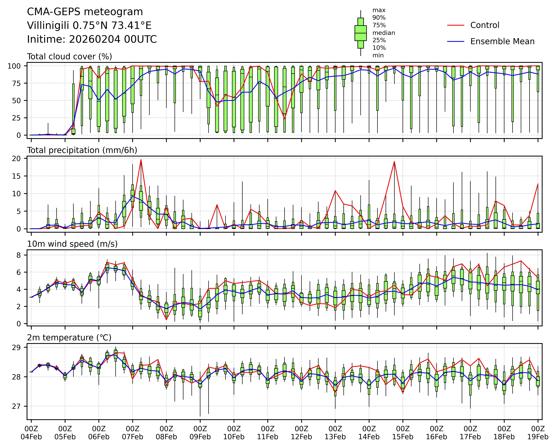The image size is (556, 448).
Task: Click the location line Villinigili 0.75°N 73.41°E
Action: [89, 25]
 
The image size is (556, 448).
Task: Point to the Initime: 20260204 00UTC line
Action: [92, 39]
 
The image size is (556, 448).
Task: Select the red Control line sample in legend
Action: [456, 25]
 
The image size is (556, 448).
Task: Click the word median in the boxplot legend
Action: [383, 33]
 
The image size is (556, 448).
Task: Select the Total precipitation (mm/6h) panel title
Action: [82, 150]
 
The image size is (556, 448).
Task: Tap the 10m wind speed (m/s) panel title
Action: [72, 244]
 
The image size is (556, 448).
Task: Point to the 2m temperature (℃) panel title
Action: [69, 338]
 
